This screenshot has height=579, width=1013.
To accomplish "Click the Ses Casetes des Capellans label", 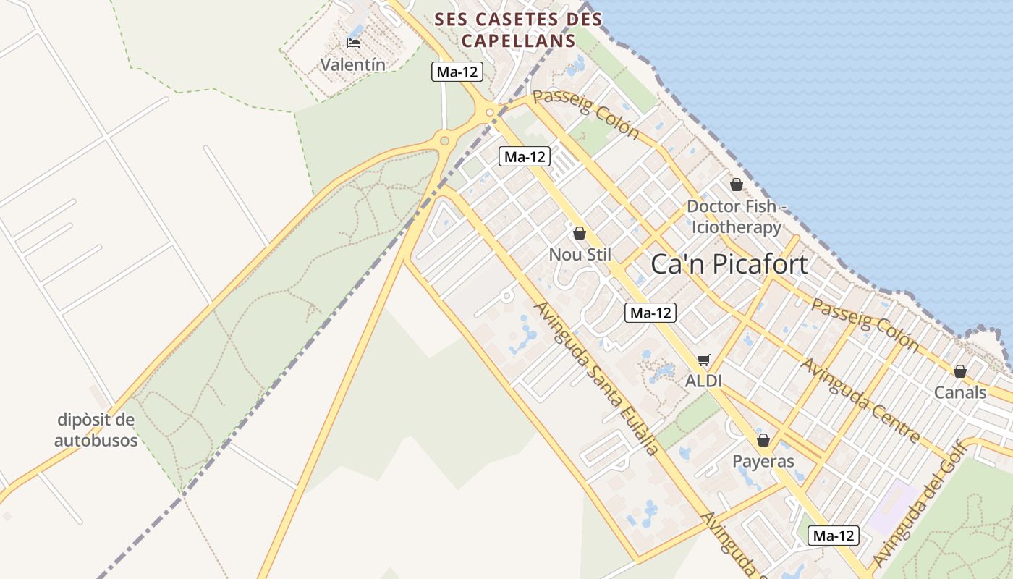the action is tap(518, 30).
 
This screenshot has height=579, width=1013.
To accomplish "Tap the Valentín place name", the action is tap(352, 64).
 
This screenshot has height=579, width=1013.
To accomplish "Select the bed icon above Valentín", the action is tap(353, 43).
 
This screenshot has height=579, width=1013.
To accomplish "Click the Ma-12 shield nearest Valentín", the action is tap(457, 72).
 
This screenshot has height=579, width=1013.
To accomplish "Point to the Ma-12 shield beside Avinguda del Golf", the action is tap(834, 536).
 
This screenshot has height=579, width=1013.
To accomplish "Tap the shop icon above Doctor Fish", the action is tap(736, 185).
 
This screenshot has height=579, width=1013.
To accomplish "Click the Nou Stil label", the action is tap(580, 255).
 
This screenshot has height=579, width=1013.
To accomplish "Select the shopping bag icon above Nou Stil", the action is tap(579, 233).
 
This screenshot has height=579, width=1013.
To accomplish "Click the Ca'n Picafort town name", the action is tap(729, 264).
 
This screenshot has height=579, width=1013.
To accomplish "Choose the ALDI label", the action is tap(704, 381).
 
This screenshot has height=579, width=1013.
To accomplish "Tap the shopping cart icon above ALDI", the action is tap(704, 360).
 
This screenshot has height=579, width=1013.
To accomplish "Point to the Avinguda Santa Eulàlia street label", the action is tap(596, 378).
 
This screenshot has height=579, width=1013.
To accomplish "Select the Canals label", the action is tap(959, 392).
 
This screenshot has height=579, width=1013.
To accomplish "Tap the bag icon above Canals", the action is tap(959, 371).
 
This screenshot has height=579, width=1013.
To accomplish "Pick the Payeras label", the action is tap(763, 461).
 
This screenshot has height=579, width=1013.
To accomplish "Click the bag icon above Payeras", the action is tap(763, 440).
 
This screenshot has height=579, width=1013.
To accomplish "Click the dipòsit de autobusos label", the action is tap(96, 430).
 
